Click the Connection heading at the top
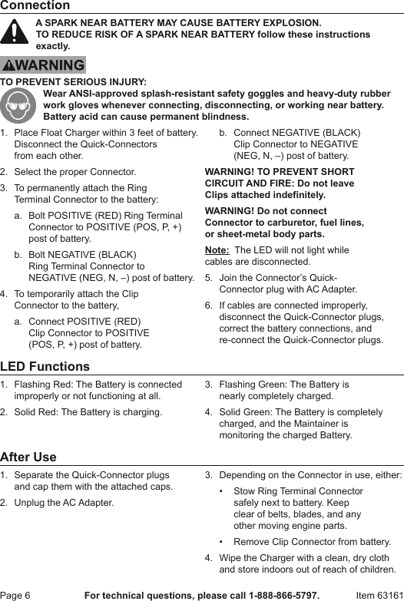[35, 6]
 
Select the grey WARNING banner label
[43, 65]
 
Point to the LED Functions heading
[45, 367]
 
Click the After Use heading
[28, 457]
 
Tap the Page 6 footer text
[16, 595]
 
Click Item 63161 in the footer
[379, 595]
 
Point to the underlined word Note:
[217, 250]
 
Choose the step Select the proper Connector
[75, 172]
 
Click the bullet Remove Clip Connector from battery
[312, 542]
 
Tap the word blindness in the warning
[224, 117]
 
